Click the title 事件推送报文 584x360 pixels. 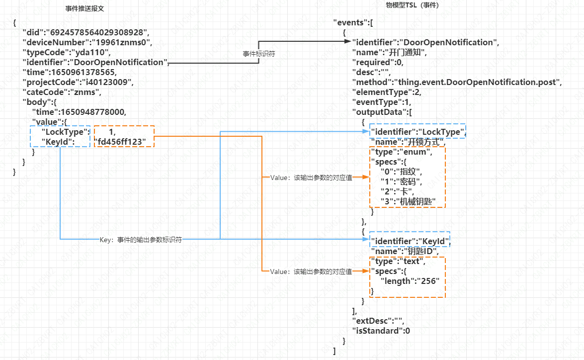[x=84, y=9]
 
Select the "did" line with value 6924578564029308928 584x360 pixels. [x=85, y=33]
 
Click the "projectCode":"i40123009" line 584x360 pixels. [x=78, y=82]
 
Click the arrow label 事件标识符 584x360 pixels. [x=258, y=53]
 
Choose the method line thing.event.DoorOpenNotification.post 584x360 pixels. [x=456, y=82]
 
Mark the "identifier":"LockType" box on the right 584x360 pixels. [x=417, y=132]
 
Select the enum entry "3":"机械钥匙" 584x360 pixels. [x=408, y=201]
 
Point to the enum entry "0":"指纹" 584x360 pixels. [x=401, y=172]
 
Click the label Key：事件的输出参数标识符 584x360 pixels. [x=141, y=239]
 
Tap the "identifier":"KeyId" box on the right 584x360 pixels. [x=410, y=242]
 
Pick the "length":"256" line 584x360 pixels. [x=410, y=281]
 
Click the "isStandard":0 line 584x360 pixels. [x=381, y=331]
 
